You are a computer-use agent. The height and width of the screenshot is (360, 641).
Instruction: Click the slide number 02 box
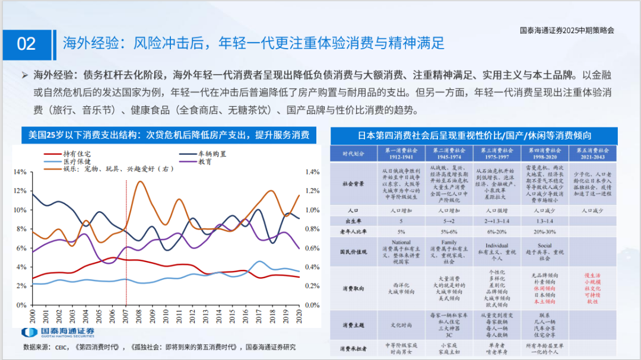27,44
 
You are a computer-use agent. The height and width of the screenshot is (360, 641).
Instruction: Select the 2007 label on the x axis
126,316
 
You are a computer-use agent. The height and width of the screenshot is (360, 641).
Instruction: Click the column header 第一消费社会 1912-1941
402,154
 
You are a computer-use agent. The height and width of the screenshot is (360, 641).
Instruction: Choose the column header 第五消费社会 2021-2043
592,154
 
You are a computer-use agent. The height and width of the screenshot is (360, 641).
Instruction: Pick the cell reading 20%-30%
544,231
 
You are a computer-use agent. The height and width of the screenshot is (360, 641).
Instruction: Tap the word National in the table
402,243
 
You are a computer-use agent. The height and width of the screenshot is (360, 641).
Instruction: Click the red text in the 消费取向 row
592,288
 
